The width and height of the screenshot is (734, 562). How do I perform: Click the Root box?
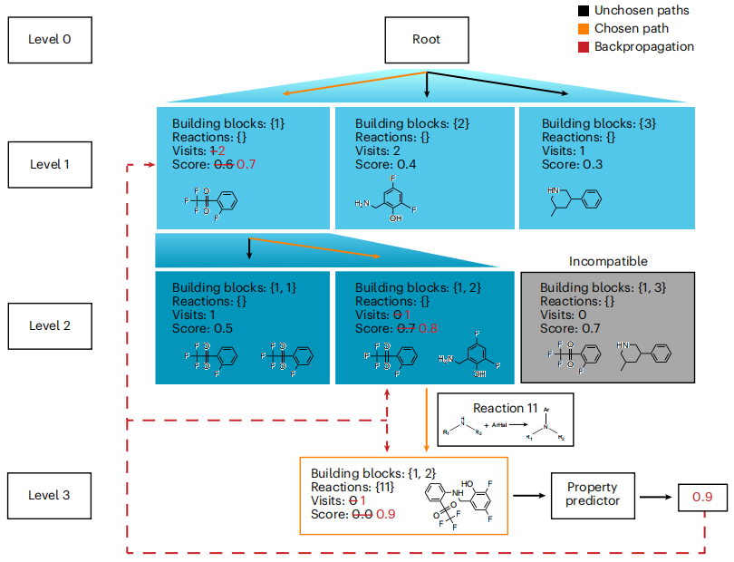[427, 41]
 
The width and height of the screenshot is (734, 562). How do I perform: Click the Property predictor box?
[592, 495]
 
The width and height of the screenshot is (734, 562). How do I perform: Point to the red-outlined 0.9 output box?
[702, 497]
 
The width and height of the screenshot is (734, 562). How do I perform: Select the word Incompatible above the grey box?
[608, 261]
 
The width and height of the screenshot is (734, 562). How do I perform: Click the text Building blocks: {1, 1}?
[234, 287]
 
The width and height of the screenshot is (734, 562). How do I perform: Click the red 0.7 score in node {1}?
[246, 164]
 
